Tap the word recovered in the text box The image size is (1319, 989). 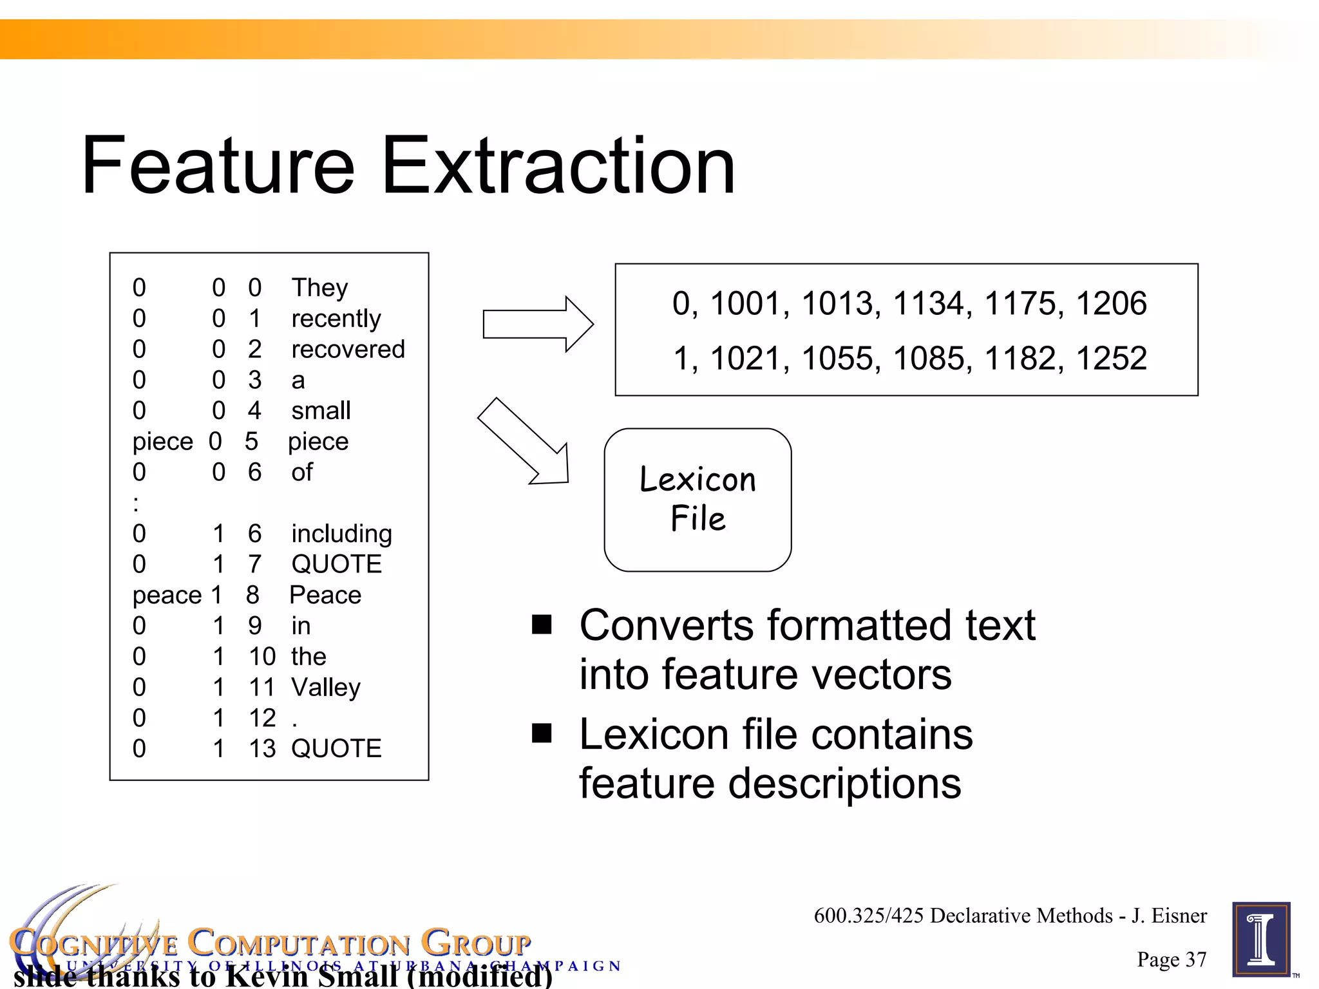pos(348,349)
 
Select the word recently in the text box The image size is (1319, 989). pos(336,319)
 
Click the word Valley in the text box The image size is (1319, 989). pos(325,688)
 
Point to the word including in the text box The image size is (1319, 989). pos(341,534)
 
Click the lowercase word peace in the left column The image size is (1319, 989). pos(167,596)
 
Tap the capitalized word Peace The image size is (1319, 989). pos(325,595)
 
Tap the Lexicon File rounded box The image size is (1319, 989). pos(697,500)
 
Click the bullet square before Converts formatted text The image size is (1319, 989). pos(542,624)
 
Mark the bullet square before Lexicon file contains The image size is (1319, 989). pos(542,733)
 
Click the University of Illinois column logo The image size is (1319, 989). pos(1261,939)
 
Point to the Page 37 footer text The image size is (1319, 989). pos(1171,959)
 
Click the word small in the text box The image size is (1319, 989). pos(321,411)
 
